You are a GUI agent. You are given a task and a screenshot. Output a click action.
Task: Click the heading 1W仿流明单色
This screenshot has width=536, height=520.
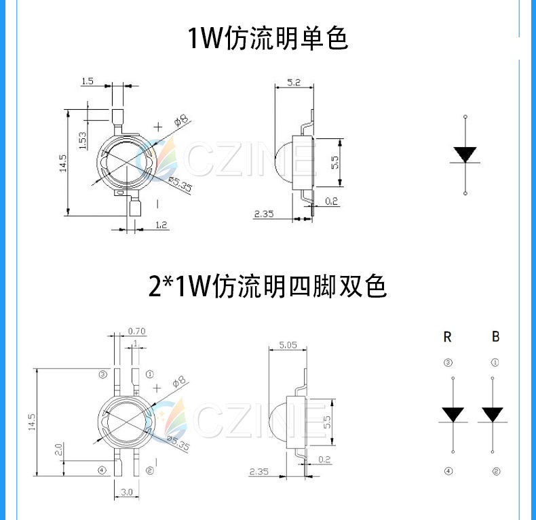tap(267, 38)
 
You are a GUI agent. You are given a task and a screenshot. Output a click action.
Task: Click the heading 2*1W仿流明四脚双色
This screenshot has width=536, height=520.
tap(267, 287)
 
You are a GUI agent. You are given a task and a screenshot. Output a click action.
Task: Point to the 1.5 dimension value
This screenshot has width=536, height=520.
tap(87, 81)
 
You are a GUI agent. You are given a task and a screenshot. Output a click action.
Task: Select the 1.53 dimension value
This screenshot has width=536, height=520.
tap(82, 140)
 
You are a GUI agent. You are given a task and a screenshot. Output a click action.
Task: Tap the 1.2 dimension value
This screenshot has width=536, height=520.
tap(161, 224)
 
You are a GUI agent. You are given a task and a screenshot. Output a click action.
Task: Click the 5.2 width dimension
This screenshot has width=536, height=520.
tap(294, 82)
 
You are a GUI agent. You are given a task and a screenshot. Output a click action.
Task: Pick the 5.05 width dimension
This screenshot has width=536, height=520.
tap(287, 344)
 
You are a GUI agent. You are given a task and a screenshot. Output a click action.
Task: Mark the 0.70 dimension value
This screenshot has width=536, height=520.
tap(136, 331)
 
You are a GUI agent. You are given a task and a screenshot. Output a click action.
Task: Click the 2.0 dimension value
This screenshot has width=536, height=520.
tap(59, 449)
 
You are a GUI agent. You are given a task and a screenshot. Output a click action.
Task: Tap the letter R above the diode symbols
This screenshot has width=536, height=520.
tap(447, 336)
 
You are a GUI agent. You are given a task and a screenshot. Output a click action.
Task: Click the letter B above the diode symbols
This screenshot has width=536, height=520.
tap(496, 336)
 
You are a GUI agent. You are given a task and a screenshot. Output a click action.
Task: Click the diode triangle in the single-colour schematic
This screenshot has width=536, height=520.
tap(465, 155)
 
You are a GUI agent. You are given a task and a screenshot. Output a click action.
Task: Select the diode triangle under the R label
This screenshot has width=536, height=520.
tap(453, 414)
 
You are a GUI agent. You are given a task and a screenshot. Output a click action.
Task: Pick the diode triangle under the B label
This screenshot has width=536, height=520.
tap(493, 414)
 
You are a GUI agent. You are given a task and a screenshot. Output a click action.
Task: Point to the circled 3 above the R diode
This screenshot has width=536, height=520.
tap(447, 363)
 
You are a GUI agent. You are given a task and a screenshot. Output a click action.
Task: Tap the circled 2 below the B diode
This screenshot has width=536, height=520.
tap(496, 471)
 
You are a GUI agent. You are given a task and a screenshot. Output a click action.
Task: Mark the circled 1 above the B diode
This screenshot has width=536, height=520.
tap(495, 363)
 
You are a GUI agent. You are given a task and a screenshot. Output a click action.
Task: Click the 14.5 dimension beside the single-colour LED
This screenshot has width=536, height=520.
tap(62, 162)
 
